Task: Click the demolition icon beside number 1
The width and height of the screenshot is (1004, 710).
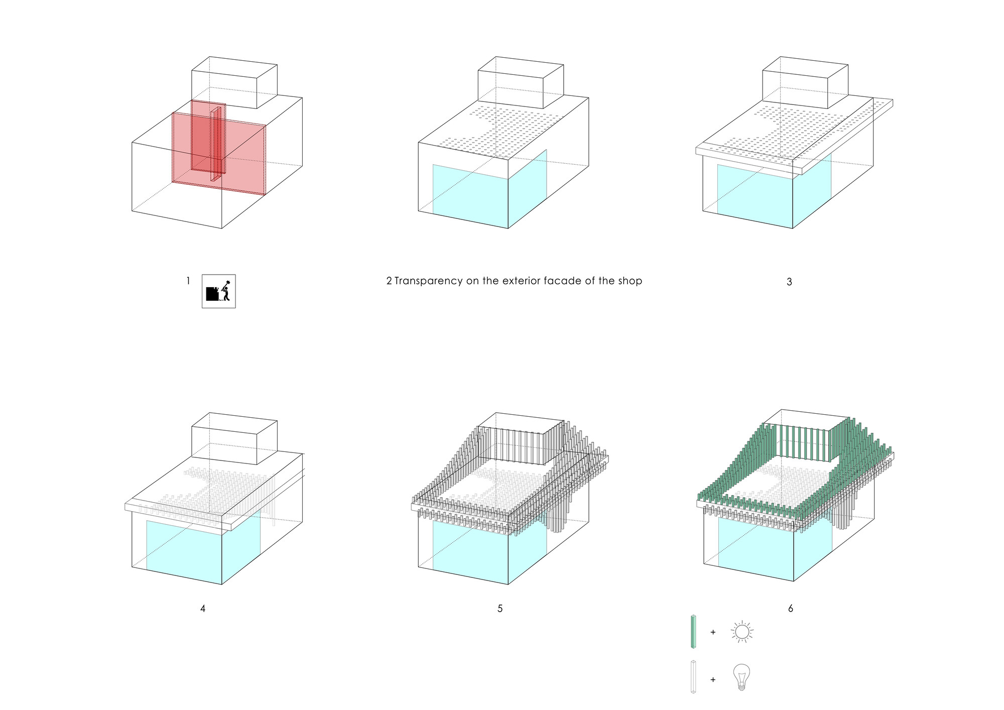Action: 219,291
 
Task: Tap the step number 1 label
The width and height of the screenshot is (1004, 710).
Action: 188,281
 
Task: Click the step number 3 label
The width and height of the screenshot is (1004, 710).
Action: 789,282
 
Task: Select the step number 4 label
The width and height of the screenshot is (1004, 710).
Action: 203,609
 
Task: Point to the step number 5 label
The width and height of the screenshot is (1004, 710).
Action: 500,609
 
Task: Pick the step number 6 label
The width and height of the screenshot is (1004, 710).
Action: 791,609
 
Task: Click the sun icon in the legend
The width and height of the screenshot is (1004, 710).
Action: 742,632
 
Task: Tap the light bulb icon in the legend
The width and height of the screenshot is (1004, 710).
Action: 741,677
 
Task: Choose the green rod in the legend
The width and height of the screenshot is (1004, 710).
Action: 694,632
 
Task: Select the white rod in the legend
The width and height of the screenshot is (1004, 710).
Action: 694,677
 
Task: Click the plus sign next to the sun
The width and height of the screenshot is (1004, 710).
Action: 713,632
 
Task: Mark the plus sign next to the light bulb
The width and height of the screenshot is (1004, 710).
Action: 713,680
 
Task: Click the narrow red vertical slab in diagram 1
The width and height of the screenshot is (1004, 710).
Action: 216,143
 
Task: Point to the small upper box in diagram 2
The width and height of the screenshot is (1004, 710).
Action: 521,83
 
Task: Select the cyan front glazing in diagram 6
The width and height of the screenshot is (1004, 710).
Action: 756,550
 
